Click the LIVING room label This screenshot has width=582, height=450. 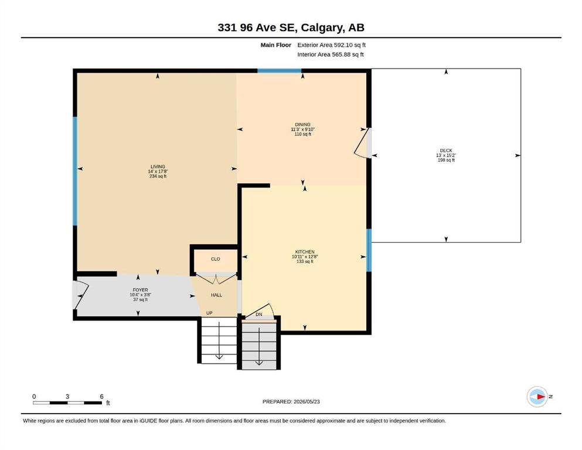pos(158,166)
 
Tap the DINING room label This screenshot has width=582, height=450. pos(302,125)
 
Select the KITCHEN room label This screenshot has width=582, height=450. pos(305,252)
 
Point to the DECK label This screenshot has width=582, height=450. pos(446,151)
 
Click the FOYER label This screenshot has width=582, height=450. pos(140,290)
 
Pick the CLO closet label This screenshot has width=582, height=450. pos(215,259)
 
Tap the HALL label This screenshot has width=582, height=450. pos(216,295)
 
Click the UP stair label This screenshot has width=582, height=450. pos(209,313)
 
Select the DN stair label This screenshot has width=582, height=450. pos(258,314)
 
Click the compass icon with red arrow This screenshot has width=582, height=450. pos(537,397)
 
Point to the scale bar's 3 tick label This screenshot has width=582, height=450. pos(67,397)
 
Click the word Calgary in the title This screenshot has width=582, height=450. pos(321,28)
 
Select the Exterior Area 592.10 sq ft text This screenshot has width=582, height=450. pos(332,45)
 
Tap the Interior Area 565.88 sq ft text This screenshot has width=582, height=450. pos(331,54)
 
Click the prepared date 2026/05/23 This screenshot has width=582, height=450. pos(307,401)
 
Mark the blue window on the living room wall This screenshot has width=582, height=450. pos(74,172)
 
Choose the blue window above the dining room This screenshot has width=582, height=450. pos(279,70)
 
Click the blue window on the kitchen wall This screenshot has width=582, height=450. pos(369,250)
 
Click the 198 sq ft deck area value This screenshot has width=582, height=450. pos(446,161)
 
